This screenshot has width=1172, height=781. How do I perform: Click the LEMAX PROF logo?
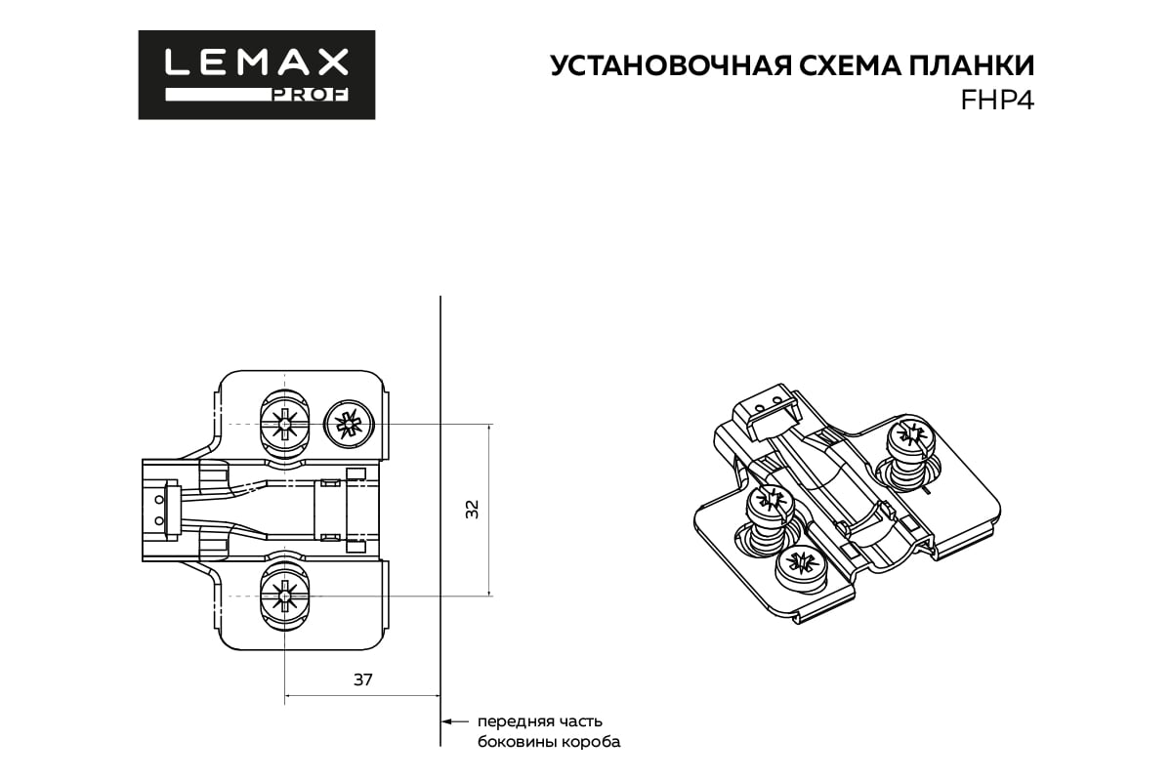[256, 74]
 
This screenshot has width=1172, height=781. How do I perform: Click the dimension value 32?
[473, 509]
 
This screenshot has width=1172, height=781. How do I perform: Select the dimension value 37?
[362, 679]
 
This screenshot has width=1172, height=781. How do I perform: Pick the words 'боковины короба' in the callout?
[548, 743]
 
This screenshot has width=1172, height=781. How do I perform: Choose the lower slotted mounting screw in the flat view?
[284, 595]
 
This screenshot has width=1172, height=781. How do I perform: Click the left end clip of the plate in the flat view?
[161, 509]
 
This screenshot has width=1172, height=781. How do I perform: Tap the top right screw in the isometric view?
[908, 435]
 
